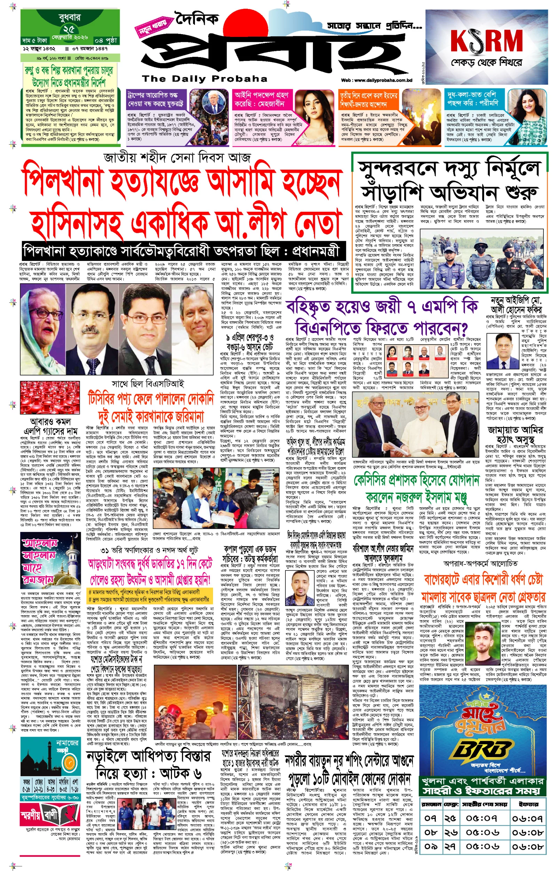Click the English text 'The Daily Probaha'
pos(204,79)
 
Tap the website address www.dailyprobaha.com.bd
pos(377,80)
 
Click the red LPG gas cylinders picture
pos(50,397)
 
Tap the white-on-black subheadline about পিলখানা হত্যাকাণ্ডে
pos(181,250)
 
